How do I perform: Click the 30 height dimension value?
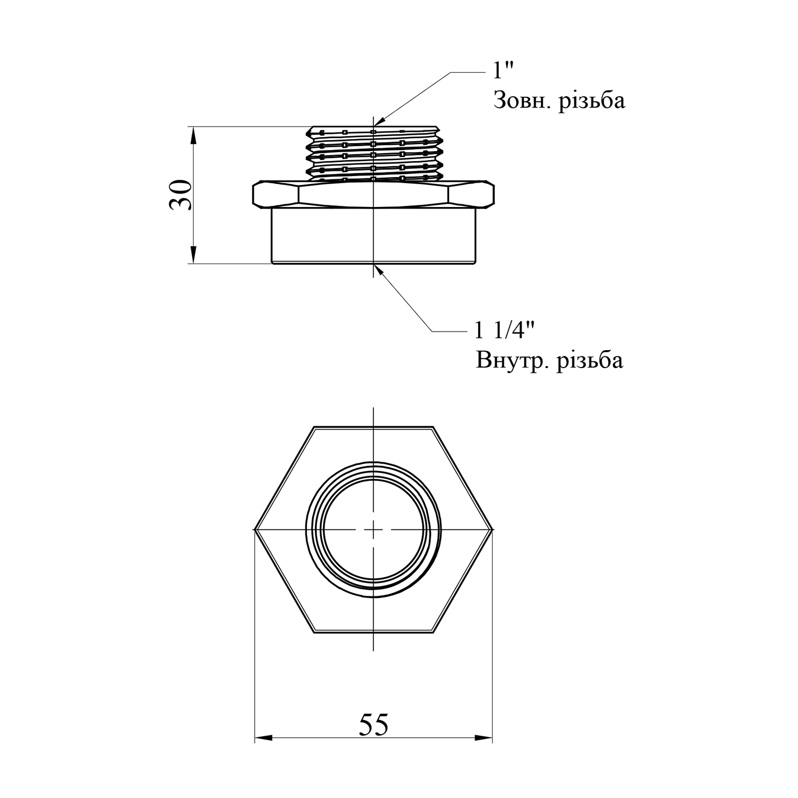[180, 195]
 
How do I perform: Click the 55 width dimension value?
[373, 724]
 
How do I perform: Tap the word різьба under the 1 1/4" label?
[589, 361]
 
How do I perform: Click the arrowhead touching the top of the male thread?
[379, 122]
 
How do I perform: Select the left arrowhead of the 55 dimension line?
[263, 737]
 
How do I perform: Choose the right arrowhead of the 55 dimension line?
[484, 737]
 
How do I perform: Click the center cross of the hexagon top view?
[374, 530]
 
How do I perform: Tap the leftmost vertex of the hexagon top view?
[254, 530]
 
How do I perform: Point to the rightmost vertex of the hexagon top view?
[493, 530]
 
